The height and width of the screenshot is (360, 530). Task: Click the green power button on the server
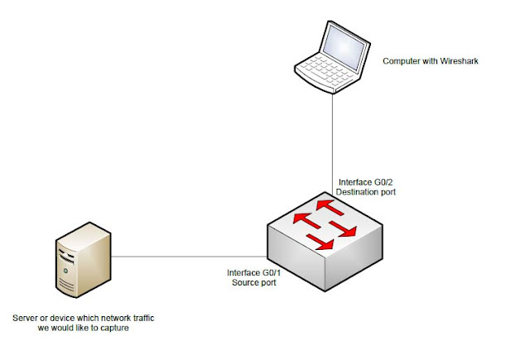(x=62, y=270)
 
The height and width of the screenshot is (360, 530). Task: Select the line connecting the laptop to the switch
(x=333, y=141)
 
